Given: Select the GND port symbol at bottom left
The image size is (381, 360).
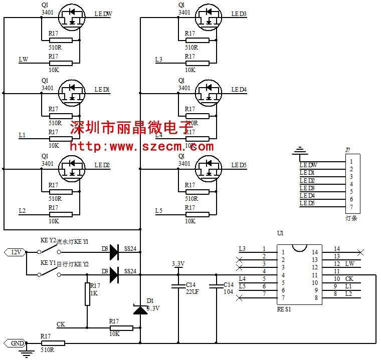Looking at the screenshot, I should click(x=16, y=343).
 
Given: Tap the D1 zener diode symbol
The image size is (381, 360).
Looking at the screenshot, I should click(x=140, y=310).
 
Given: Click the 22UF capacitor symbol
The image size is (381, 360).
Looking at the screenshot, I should click(x=178, y=286).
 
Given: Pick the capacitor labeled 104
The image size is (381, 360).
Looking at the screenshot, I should click(x=216, y=286).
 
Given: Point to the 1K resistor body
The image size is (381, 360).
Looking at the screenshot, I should click(x=87, y=294).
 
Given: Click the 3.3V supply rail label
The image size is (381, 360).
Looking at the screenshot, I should click(x=178, y=264).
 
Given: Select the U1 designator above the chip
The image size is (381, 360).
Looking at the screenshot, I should click(x=280, y=233).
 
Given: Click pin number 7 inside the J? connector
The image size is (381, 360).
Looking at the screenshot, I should click(x=352, y=207).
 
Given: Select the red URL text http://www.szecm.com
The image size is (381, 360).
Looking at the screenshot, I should click(x=141, y=147).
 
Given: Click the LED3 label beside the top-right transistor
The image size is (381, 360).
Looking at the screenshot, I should click(x=239, y=14).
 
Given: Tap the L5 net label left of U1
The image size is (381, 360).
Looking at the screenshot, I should click(x=242, y=286).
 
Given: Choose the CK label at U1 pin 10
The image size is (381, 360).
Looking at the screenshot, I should click(x=349, y=278).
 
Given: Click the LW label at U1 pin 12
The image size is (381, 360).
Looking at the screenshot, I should click(x=350, y=263).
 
